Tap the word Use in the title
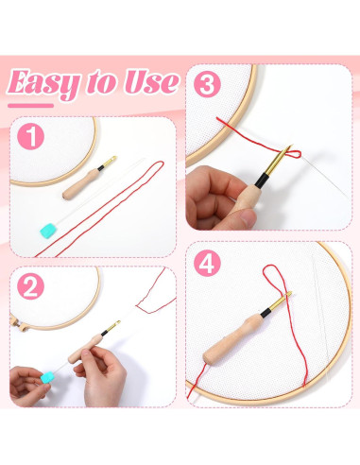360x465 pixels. click(148, 82)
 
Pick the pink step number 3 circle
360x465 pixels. click(207, 85)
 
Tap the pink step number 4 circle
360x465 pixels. click(207, 264)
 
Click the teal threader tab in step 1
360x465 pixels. click(49, 226)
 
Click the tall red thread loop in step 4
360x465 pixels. click(278, 283)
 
